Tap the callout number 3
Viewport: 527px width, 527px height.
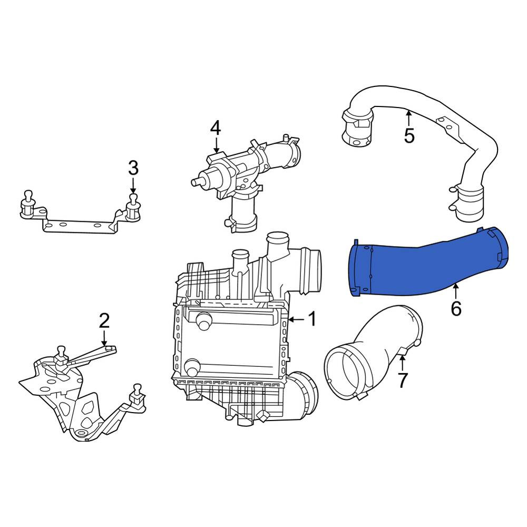click(x=133, y=168)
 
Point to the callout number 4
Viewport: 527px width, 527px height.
click(x=216, y=128)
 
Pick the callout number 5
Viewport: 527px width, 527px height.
click(x=409, y=136)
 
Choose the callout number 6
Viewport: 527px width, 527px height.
click(x=456, y=308)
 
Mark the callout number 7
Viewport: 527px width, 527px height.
click(x=402, y=380)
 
